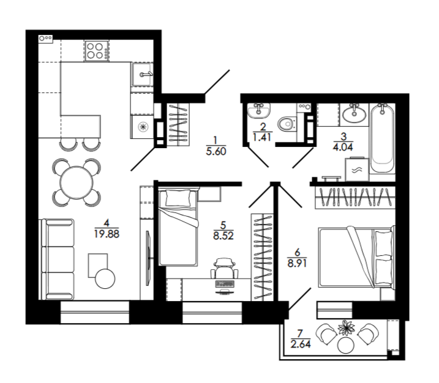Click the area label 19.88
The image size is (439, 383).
click(107, 234)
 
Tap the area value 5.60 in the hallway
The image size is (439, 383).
click(216, 151)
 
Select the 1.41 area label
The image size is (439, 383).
click(262, 137)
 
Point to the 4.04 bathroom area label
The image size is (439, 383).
click(343, 147)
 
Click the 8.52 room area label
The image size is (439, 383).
click(223, 236)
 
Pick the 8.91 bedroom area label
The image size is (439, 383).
click(297, 263)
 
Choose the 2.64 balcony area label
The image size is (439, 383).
click(301, 344)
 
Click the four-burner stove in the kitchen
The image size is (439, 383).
click(97, 51)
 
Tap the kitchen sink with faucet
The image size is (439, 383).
click(143, 74)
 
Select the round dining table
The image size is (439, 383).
click(77, 182)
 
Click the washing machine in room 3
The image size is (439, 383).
click(357, 169)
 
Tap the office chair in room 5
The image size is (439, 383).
click(224, 268)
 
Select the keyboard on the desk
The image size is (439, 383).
click(225, 284)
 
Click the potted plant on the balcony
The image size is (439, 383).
click(347, 327)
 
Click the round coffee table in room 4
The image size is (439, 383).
click(105, 278)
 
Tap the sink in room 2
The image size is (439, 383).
click(259, 110)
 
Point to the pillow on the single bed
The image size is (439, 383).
click(178, 198)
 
